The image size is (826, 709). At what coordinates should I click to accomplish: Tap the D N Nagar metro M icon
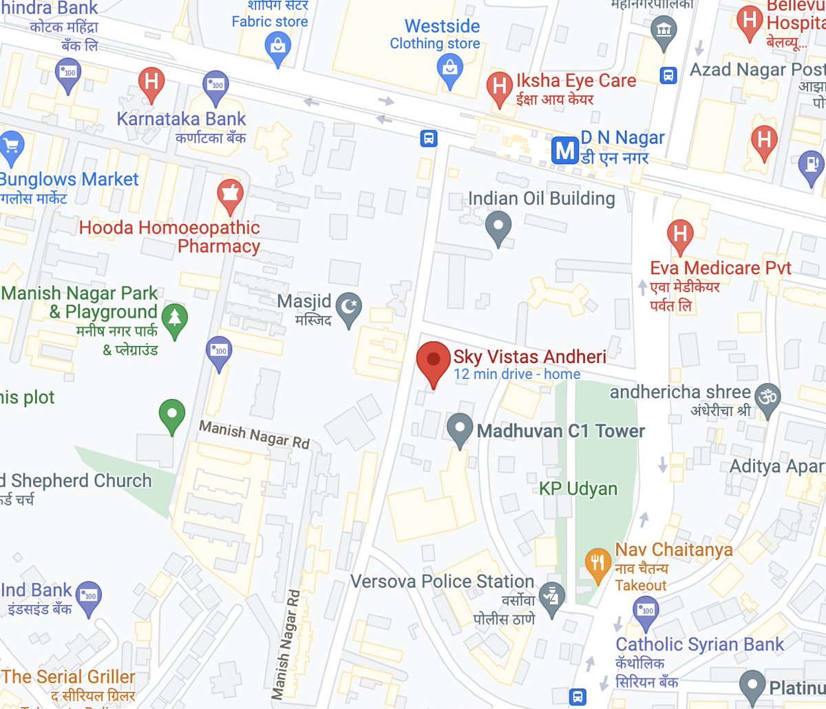(565, 150)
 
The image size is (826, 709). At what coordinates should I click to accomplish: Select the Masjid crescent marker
(351, 304)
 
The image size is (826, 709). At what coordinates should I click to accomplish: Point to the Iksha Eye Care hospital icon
(499, 87)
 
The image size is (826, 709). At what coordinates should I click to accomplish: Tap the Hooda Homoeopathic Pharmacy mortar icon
(230, 194)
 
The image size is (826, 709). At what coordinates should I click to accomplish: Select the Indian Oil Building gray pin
(498, 225)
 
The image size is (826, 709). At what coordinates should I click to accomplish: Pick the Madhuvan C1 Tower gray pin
(459, 427)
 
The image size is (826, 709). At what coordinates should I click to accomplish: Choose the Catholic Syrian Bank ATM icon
(646, 610)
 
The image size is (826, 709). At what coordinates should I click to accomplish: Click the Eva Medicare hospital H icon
(680, 234)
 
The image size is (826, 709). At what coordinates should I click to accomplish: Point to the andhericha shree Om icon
(767, 398)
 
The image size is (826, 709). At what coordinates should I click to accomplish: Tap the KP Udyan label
(578, 489)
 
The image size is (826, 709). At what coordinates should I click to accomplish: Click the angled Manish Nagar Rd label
(254, 435)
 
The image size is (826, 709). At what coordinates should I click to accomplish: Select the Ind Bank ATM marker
(89, 595)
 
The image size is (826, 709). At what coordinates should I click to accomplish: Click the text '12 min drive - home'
(516, 374)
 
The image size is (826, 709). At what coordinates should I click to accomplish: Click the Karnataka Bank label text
(181, 119)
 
